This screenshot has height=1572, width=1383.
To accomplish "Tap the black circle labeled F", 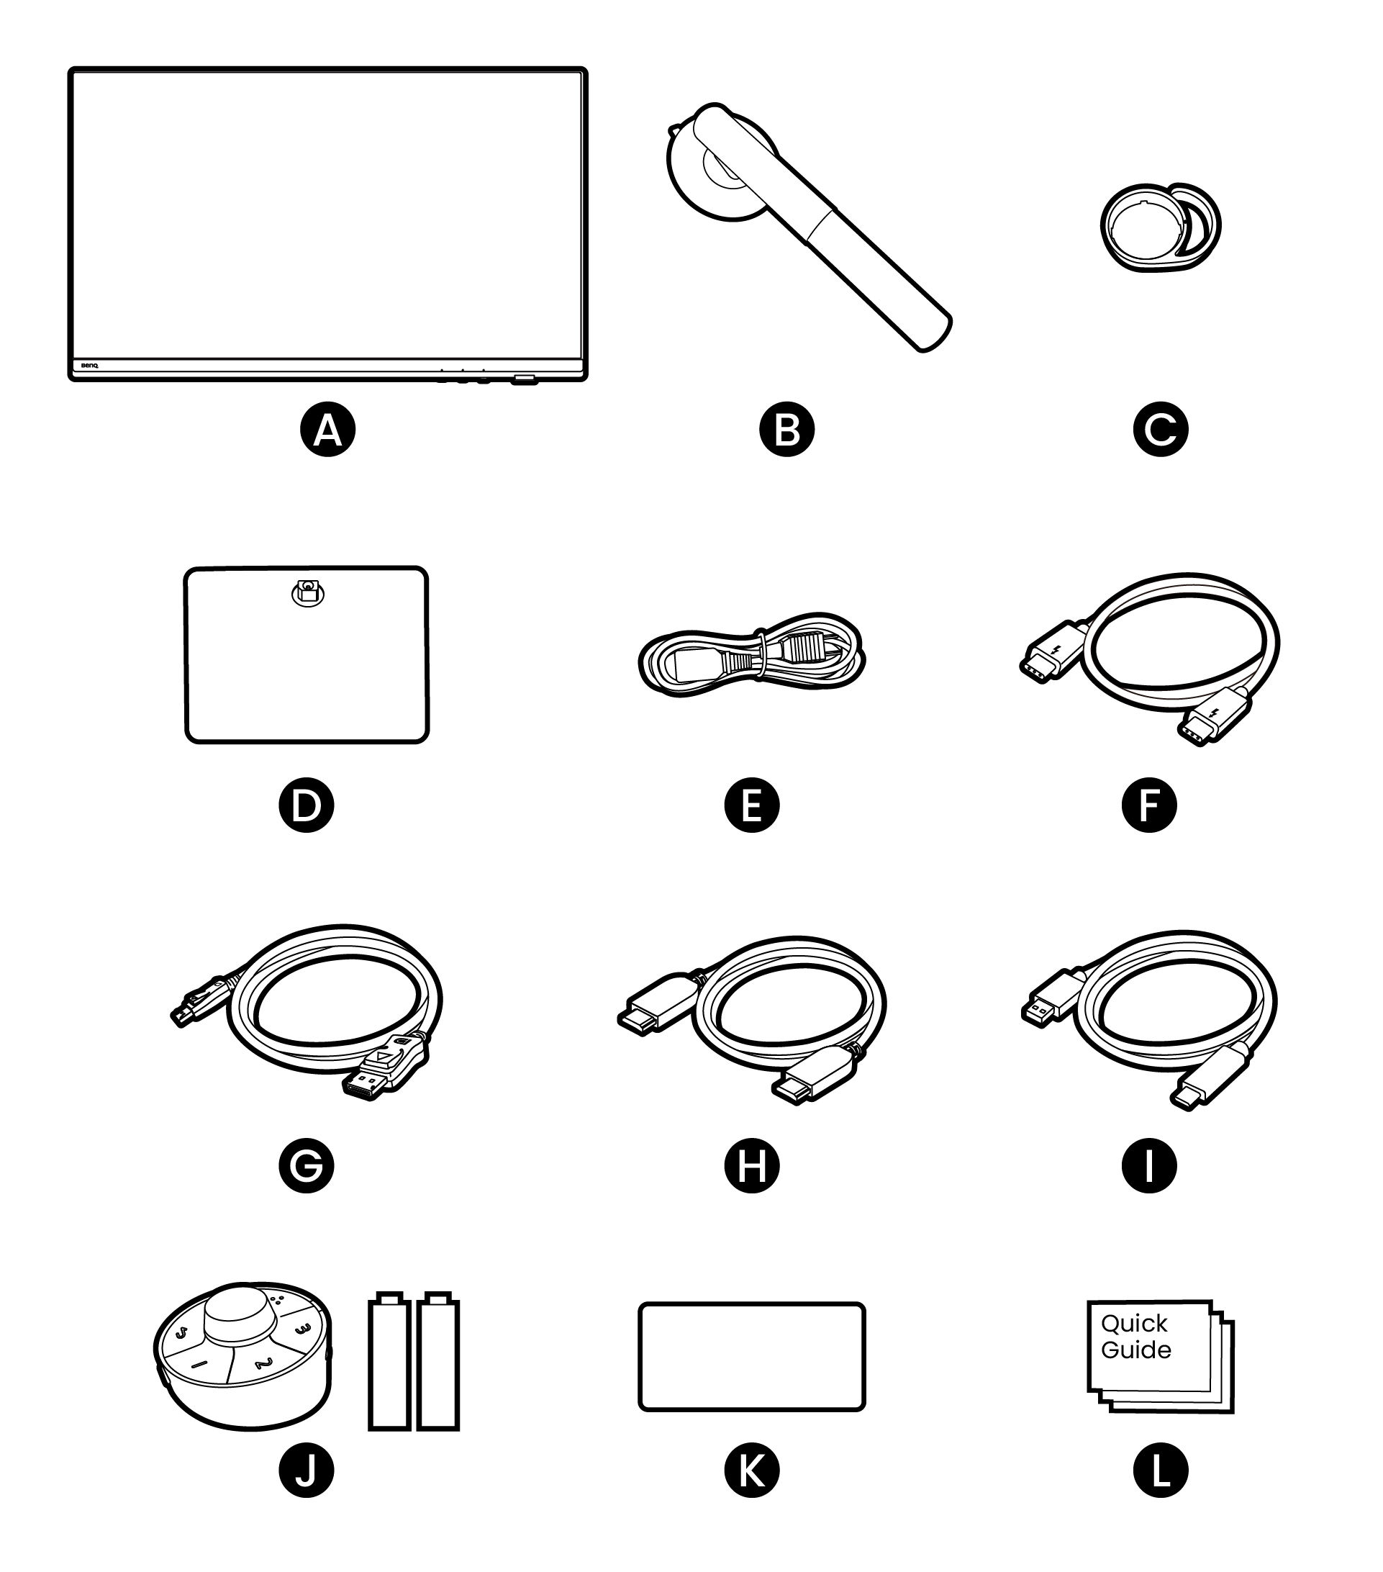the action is [1148, 805].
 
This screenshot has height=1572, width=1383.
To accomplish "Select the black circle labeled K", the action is [751, 1471].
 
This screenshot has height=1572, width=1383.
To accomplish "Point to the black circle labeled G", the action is [306, 1166].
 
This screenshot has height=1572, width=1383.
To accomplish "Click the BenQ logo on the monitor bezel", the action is [85, 367].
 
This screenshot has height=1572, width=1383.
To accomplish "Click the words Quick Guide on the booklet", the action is [1135, 1337].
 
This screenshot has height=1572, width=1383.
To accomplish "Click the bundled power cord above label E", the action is [751, 655].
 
